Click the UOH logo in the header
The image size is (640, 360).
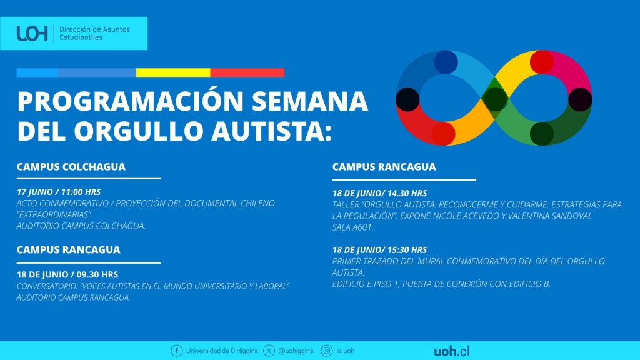coord(32,34)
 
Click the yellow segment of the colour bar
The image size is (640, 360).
coord(173,72)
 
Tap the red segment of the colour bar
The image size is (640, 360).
coord(247,72)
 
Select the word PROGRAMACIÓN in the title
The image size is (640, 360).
coord(131,101)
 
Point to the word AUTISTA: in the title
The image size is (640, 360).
coord(271,131)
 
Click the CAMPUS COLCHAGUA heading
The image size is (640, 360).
coord(71,167)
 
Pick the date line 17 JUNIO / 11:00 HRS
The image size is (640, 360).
coord(59,192)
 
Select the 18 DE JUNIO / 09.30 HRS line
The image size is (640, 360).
coord(67,275)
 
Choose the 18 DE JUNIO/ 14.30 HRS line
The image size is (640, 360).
coord(379,193)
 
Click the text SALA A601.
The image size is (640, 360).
coord(352,227)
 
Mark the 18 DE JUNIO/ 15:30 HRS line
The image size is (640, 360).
coord(379,250)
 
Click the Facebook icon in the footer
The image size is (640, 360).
coord(177,351)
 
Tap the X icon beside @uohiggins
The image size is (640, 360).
coord(269,351)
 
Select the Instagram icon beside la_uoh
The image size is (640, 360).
coord(326,351)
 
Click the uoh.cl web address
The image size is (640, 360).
coord(451,351)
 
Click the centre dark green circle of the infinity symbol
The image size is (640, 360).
coord(495,99)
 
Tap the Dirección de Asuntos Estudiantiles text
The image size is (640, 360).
coord(95,34)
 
